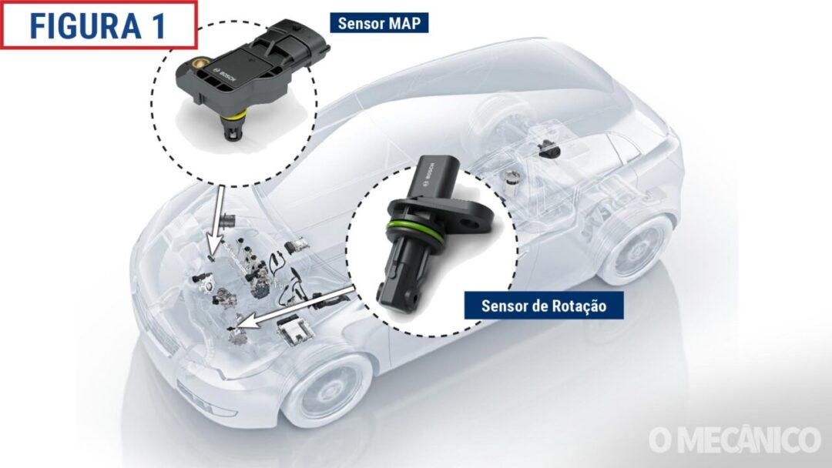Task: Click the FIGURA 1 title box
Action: (99, 25)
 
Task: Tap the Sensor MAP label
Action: (379, 23)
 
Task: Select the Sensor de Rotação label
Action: (543, 306)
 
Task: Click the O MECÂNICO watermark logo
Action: (734, 440)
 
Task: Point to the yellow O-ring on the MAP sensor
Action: (234, 115)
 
